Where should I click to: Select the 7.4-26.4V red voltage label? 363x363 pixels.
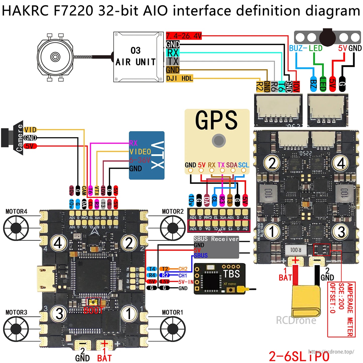pyautogui.click(x=184, y=36)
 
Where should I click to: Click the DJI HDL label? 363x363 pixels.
pyautogui.click(x=179, y=78)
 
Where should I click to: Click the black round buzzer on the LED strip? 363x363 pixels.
pyautogui.click(x=328, y=37)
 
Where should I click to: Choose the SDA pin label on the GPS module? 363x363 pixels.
pyautogui.click(x=232, y=165)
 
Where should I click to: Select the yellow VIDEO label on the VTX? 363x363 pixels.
pyautogui.click(x=140, y=152)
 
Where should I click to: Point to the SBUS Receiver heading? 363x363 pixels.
pyautogui.click(x=216, y=239)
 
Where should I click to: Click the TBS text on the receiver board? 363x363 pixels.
pyautogui.click(x=231, y=274)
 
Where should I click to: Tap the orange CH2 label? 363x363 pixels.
pyautogui.click(x=183, y=269)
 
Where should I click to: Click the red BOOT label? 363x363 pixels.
pyautogui.click(x=93, y=310)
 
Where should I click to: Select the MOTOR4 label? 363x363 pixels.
pyautogui.click(x=16, y=212)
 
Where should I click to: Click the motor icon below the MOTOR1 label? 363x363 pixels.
pyautogui.click(x=173, y=329)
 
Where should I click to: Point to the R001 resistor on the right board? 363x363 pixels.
pyautogui.click(x=296, y=250)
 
